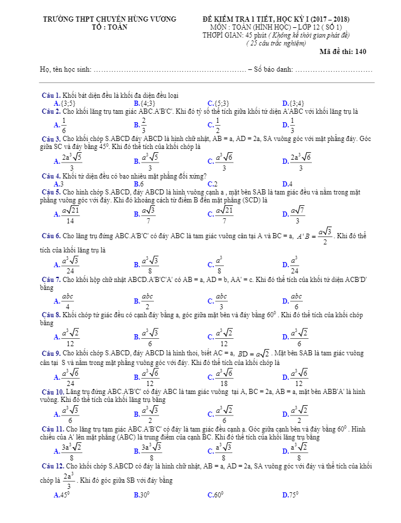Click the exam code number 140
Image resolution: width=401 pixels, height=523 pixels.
(360, 52)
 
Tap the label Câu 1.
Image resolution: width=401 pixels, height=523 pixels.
(52, 95)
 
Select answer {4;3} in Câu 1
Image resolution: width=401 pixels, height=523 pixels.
(147, 103)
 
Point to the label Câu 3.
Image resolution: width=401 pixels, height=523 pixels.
(52, 139)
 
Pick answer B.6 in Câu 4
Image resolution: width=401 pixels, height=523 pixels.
(139, 184)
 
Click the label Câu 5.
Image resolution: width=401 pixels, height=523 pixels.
(52, 192)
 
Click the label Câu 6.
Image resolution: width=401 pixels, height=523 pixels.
(52, 235)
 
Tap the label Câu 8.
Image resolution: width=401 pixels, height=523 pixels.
(52, 314)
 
